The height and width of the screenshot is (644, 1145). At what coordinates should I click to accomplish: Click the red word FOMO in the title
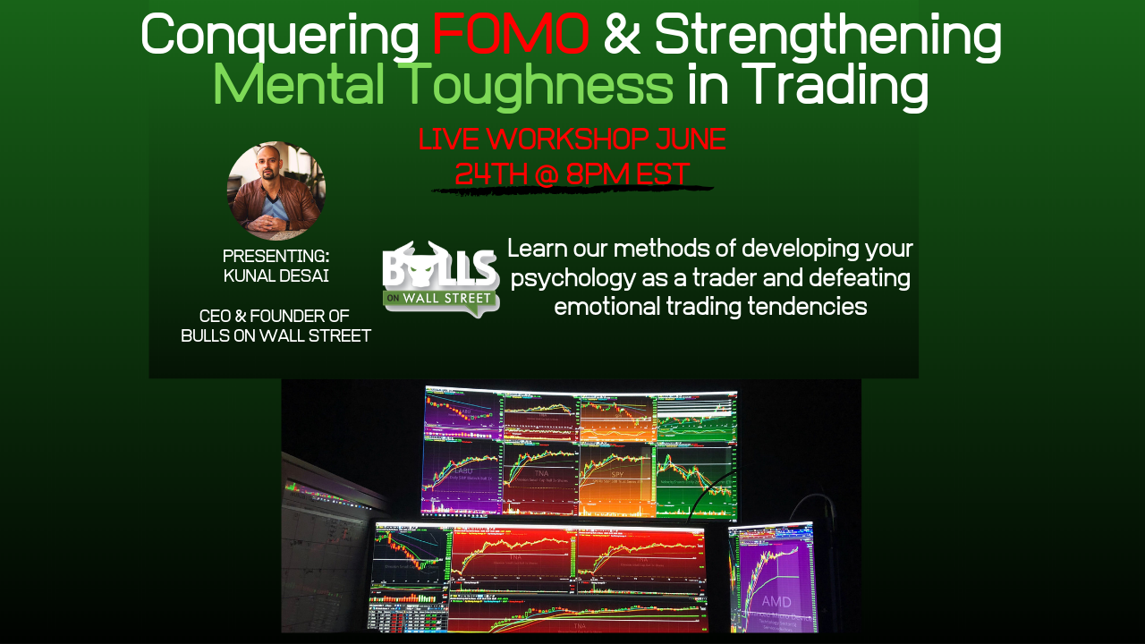click(x=510, y=36)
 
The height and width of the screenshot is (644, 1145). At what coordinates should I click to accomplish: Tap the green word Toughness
click(x=535, y=85)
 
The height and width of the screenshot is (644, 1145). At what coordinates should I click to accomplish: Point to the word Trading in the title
click(x=837, y=85)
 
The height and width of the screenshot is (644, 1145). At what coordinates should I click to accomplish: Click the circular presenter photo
click(x=276, y=191)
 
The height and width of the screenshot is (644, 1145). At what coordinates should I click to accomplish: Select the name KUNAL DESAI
click(x=276, y=275)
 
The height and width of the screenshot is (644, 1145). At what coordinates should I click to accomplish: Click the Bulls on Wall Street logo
click(x=440, y=279)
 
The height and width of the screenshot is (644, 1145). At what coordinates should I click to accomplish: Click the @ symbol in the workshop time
click(x=547, y=174)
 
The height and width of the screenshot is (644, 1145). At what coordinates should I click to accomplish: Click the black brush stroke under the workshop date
click(x=572, y=189)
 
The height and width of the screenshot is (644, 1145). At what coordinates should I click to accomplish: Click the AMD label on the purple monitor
click(x=776, y=601)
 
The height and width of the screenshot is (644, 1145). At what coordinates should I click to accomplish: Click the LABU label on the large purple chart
click(x=462, y=470)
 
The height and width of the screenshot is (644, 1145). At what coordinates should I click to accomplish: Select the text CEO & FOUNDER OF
click(x=275, y=316)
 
